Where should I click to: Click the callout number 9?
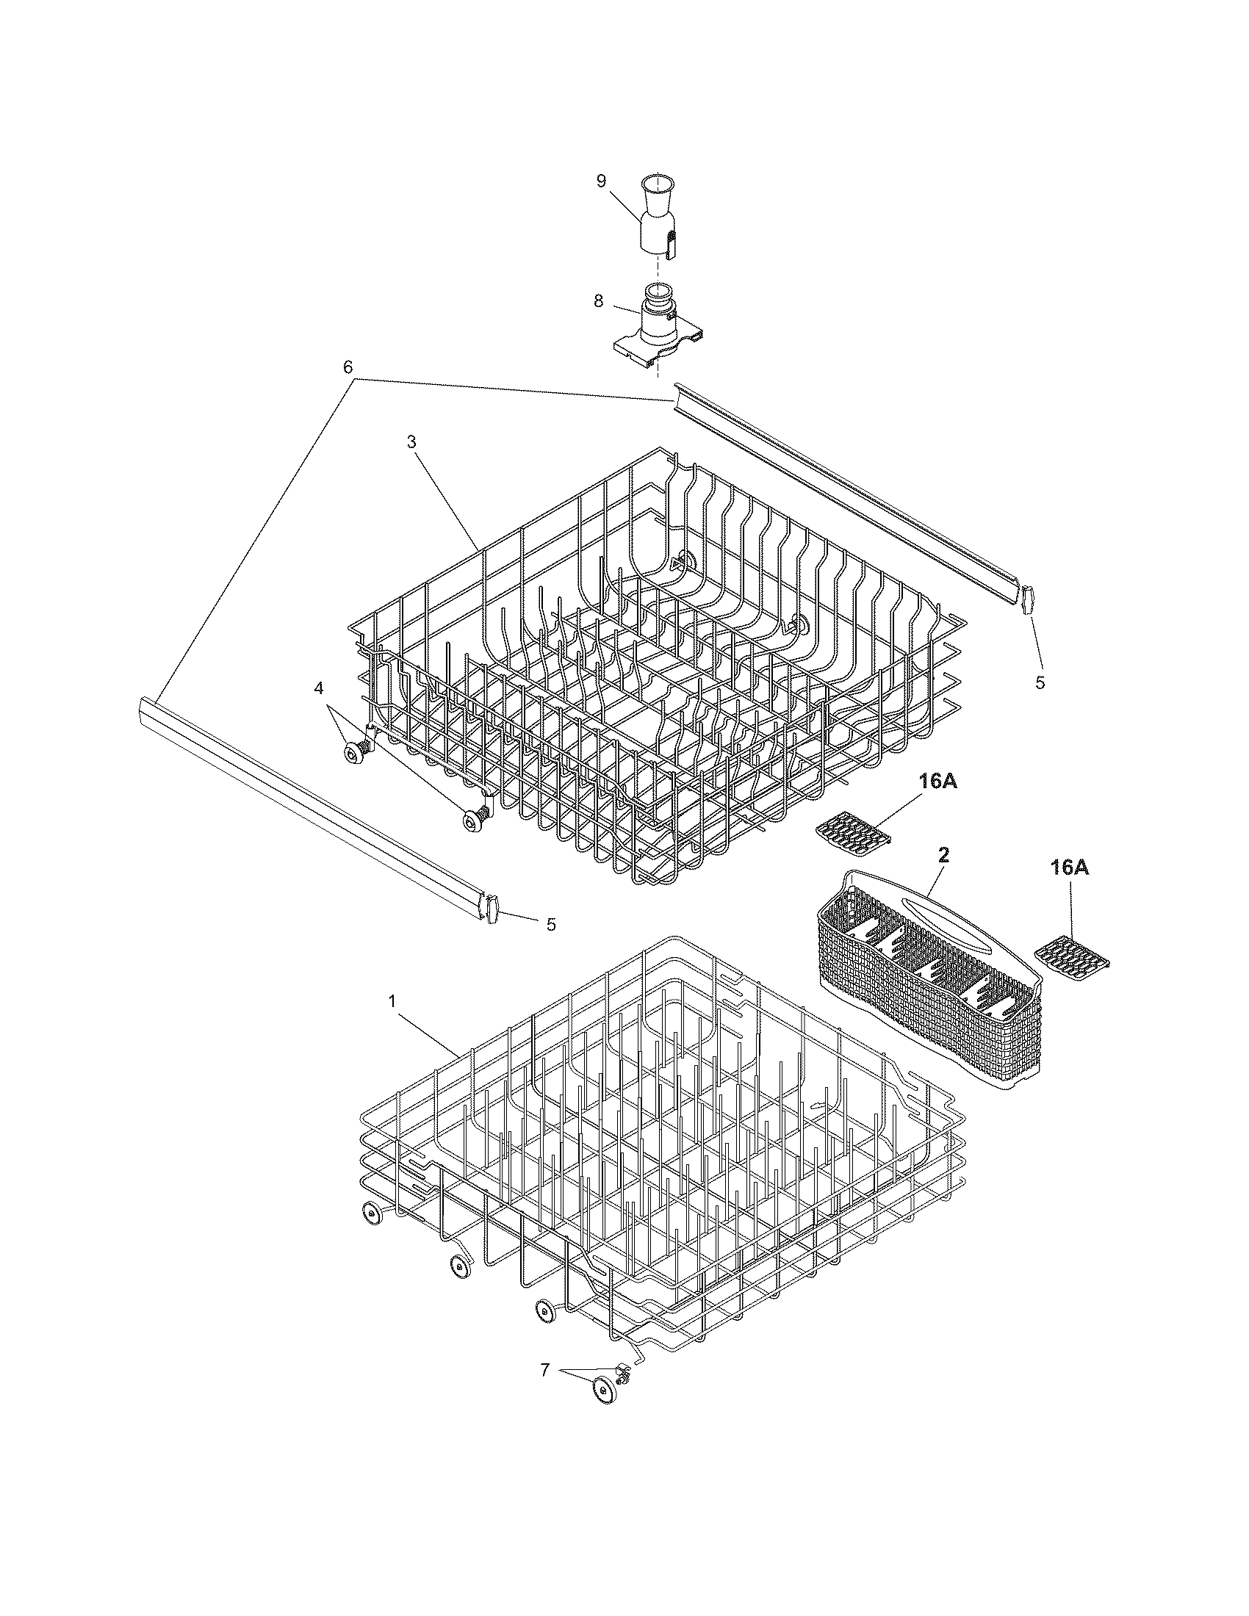[x=601, y=181]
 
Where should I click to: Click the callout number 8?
[x=598, y=300]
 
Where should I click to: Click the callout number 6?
[x=348, y=367]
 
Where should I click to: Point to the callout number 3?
[x=411, y=441]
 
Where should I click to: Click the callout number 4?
[x=319, y=688]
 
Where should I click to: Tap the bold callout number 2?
[x=944, y=854]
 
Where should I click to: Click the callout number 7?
[x=544, y=1371]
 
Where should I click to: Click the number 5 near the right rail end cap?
[x=1040, y=683]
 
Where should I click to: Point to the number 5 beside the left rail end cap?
[x=550, y=924]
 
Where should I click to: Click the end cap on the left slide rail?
[x=490, y=909]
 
